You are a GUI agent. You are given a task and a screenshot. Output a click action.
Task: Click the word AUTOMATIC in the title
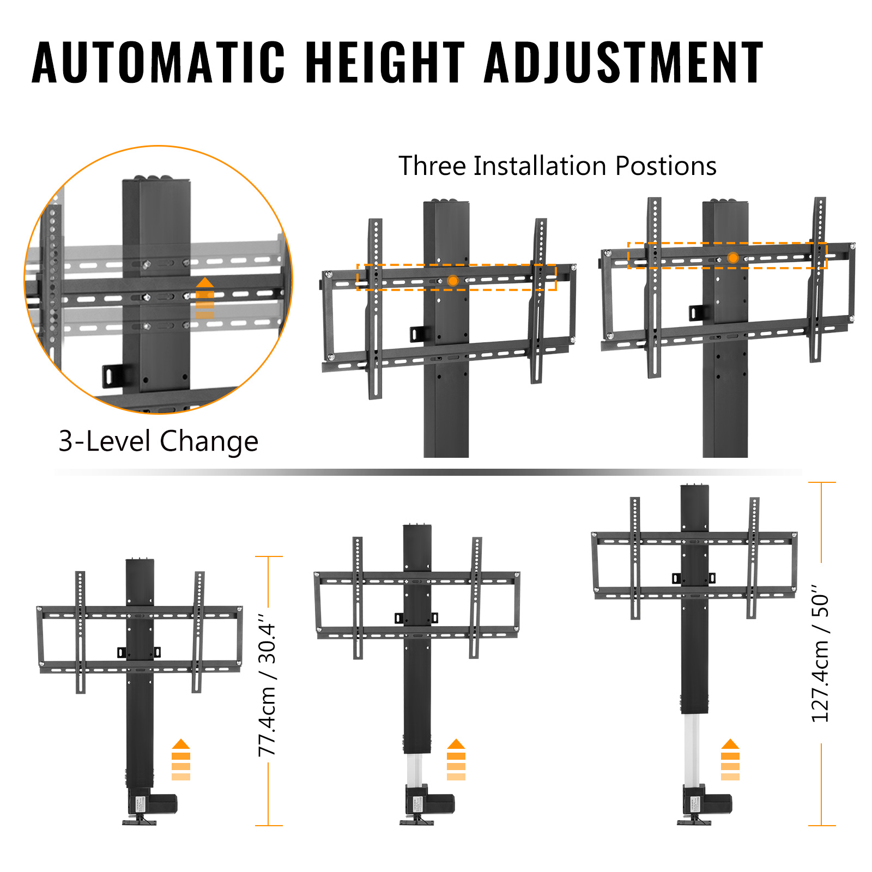tap(159, 62)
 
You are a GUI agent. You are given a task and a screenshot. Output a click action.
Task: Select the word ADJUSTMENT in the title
tap(624, 62)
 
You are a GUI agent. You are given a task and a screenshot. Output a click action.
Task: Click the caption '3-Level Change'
tap(158, 441)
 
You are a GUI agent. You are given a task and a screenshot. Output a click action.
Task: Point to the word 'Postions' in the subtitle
tap(666, 166)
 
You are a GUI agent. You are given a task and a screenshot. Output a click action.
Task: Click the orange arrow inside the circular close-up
tap(205, 298)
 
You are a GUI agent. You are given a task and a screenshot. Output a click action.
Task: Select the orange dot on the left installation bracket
tap(452, 281)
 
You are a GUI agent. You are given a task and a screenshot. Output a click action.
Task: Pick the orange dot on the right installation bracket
tap(733, 258)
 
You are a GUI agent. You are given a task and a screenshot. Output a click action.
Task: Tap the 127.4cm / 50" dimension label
tap(820, 654)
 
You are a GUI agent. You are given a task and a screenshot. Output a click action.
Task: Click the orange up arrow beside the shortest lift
tap(181, 760)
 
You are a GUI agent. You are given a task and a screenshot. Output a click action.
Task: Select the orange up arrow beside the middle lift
tap(456, 760)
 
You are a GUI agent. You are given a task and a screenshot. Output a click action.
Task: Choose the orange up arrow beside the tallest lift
tap(730, 760)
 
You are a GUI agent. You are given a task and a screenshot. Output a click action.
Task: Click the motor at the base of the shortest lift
tap(152, 803)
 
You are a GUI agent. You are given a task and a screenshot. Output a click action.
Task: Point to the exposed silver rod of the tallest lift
tap(692, 749)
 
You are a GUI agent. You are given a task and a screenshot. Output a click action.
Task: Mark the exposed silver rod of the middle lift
tap(414, 770)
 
